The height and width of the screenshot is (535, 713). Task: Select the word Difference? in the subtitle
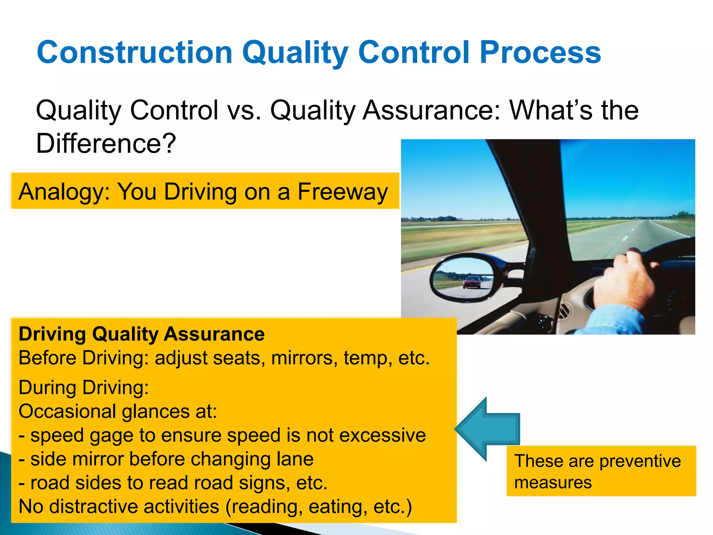coord(106,143)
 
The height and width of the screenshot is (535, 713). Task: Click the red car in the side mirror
coord(472,282)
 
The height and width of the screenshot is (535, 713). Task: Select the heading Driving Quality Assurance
coord(141,334)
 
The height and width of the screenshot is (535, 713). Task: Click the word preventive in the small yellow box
coord(640,461)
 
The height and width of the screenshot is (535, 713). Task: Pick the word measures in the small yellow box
coord(553,483)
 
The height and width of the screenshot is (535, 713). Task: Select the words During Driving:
coord(84,388)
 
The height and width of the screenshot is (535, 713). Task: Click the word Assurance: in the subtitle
coord(431,110)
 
